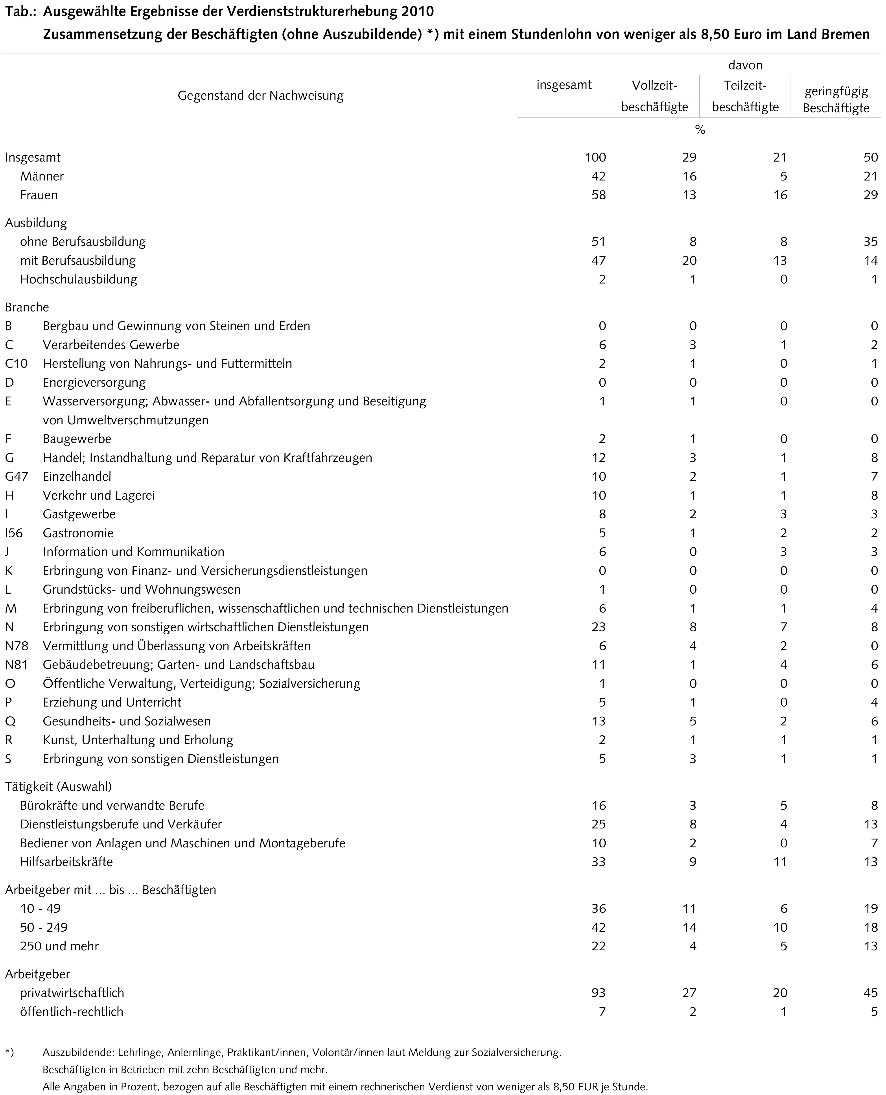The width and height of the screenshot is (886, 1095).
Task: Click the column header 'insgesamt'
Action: (564, 85)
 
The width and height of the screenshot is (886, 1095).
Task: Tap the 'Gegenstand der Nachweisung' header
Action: (260, 96)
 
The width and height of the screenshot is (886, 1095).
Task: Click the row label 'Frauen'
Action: (39, 195)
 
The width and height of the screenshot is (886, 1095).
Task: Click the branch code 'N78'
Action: (16, 646)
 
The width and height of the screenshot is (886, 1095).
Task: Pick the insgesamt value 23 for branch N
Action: (598, 627)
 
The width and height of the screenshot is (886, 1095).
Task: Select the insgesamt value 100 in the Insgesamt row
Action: (595, 157)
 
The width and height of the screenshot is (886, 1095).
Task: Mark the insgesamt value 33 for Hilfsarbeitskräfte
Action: (598, 862)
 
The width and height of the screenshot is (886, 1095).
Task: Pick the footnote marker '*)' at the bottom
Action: (9, 1052)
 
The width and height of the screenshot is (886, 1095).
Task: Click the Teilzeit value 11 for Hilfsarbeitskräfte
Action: (780, 862)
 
